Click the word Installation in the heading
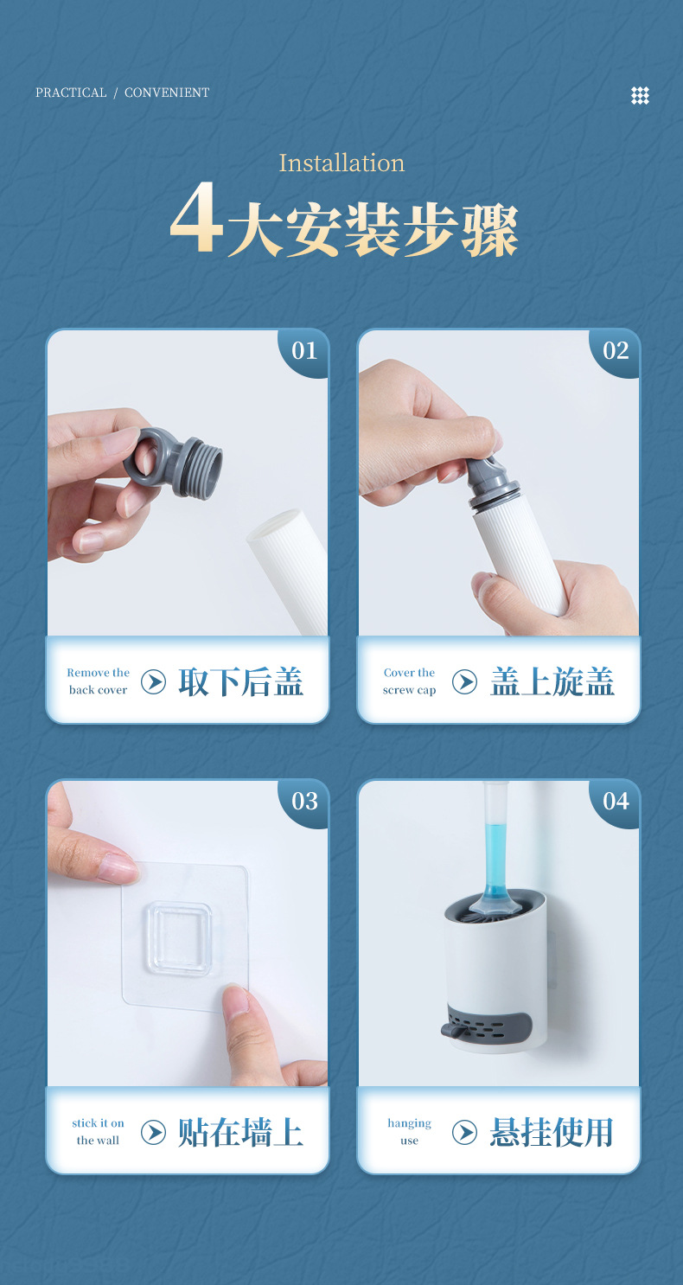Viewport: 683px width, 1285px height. (x=341, y=163)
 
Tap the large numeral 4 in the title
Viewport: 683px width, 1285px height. (x=195, y=219)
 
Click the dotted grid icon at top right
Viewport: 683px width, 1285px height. (x=640, y=96)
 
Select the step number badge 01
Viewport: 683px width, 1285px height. (x=304, y=351)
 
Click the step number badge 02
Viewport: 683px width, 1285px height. (x=616, y=351)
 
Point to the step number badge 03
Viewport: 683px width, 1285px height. (x=304, y=802)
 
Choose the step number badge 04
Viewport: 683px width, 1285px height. (x=616, y=802)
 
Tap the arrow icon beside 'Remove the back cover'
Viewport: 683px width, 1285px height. (x=153, y=682)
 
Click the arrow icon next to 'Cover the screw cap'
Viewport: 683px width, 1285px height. (x=464, y=682)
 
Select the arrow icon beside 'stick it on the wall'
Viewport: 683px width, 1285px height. (x=153, y=1132)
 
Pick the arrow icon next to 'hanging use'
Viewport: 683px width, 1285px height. (x=464, y=1132)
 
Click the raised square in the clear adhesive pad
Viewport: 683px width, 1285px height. (x=179, y=938)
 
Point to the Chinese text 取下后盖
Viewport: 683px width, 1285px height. (x=240, y=682)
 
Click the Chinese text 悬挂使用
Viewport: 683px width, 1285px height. (x=552, y=1132)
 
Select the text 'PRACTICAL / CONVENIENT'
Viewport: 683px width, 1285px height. (x=122, y=93)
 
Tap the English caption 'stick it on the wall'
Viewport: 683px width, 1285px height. (x=98, y=1132)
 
